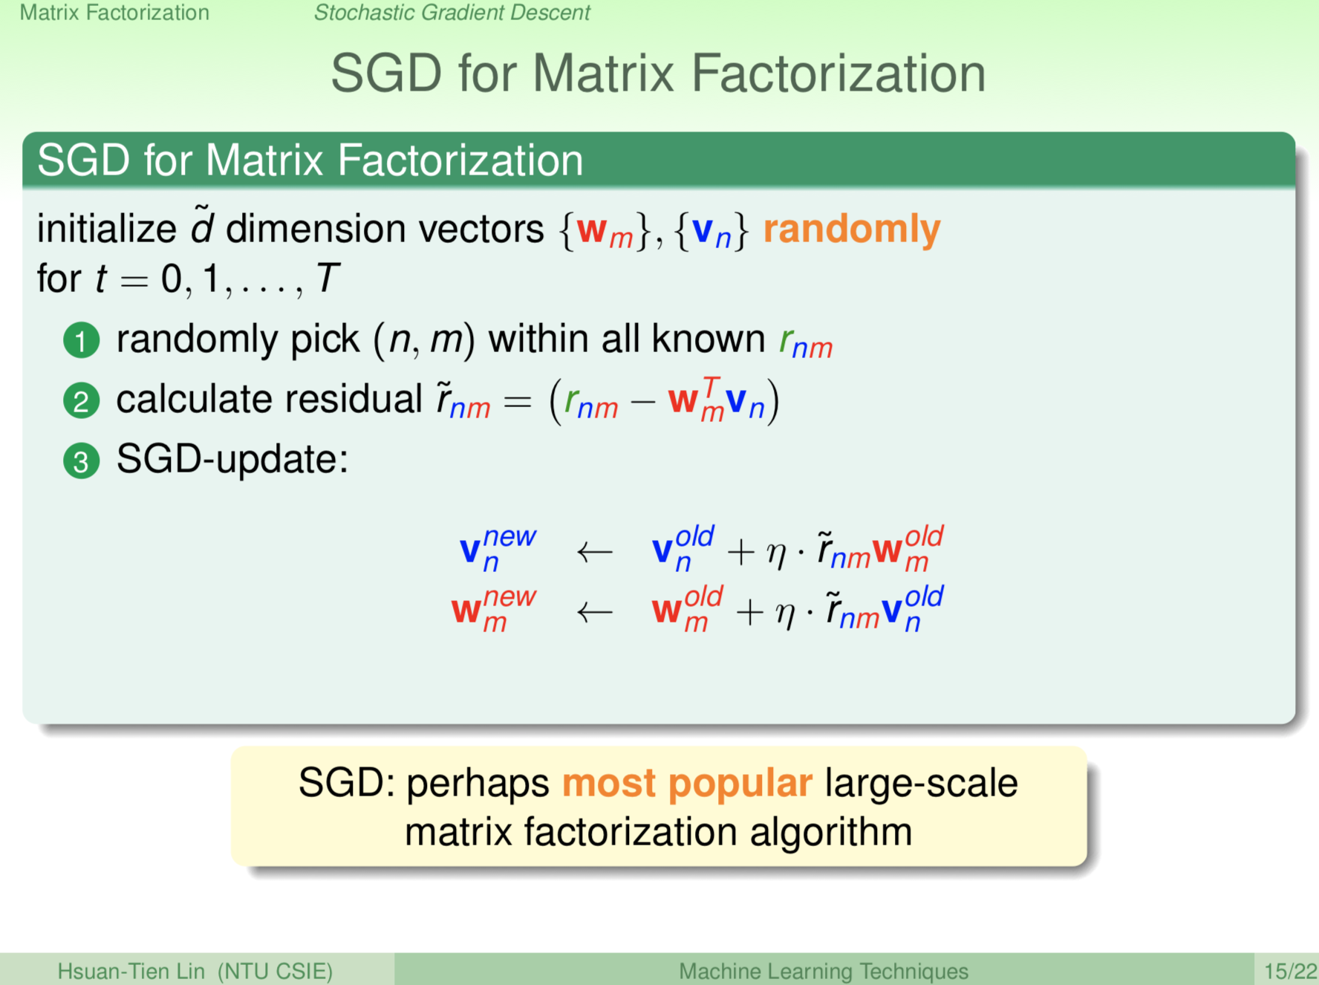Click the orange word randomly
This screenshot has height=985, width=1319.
851,230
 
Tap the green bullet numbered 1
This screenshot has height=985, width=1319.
81,341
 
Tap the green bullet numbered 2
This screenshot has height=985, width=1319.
81,401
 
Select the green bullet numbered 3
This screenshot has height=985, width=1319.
81,461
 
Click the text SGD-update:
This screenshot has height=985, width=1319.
232,459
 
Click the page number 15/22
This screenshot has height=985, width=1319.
1289,971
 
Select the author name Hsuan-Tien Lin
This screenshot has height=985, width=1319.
131,971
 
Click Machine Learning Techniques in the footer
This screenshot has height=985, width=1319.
823,971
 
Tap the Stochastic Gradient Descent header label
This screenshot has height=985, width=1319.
452,13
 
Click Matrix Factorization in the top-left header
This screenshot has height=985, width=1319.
114,13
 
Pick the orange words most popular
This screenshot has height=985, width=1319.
687,783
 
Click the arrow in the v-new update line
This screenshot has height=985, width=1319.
594,552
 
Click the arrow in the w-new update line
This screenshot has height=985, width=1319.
594,612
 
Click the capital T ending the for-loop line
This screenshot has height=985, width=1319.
328,279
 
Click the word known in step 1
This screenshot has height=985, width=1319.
708,339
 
